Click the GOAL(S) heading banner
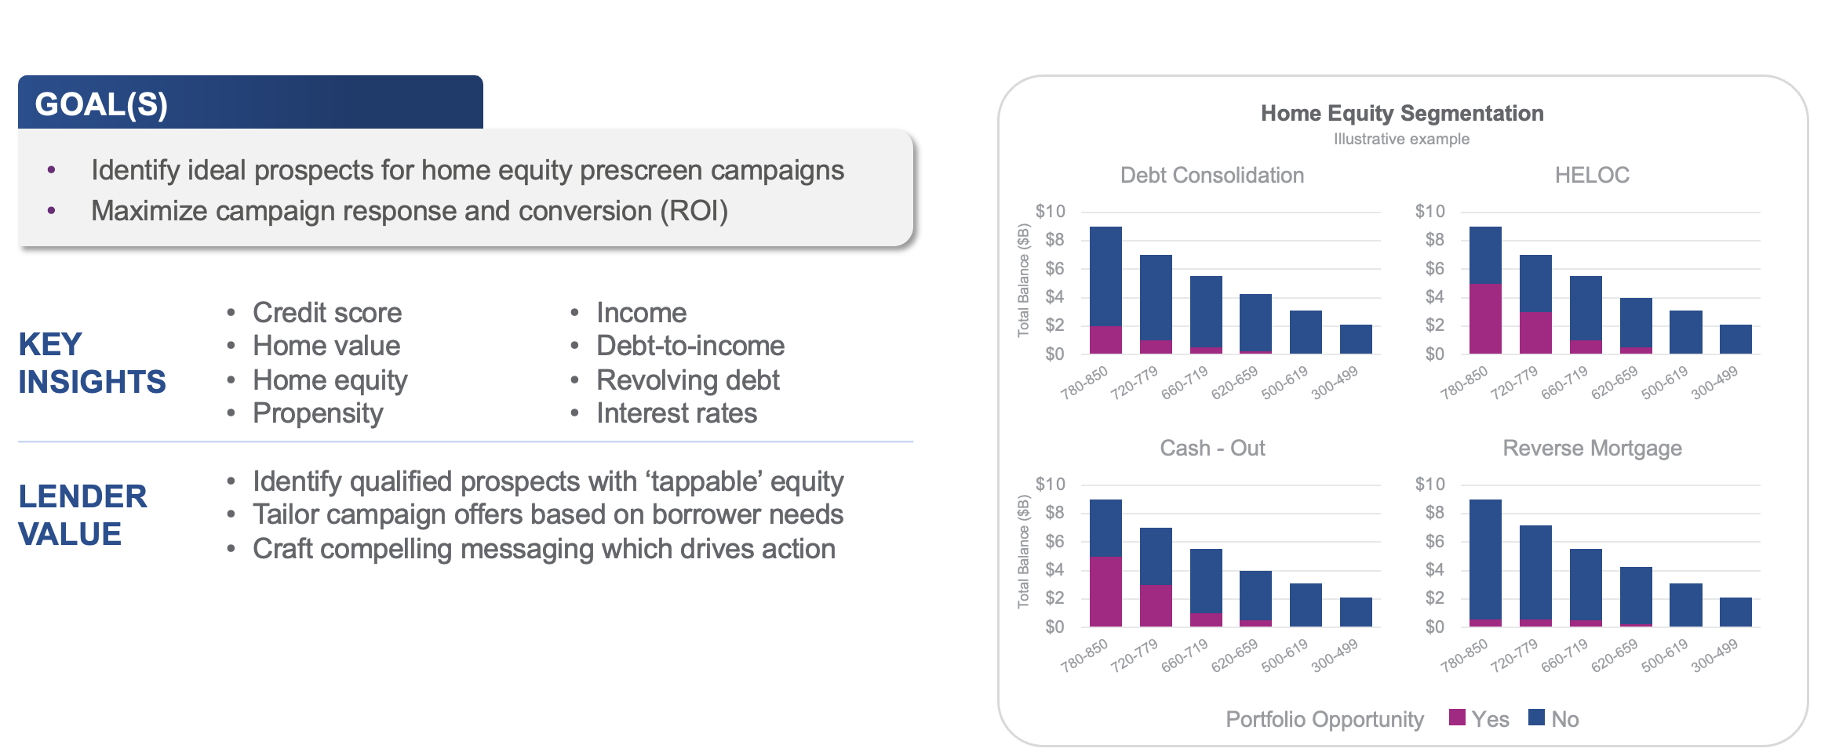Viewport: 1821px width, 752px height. point(249,104)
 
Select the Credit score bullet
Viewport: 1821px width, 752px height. point(326,313)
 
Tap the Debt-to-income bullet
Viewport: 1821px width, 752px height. point(690,346)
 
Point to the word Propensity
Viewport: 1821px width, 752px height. point(318,413)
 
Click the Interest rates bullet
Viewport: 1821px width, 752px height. point(676,413)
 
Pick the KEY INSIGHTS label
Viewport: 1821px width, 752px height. point(92,363)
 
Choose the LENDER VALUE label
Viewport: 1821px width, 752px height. point(82,515)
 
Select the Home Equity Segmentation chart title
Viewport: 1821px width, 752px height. point(1401,114)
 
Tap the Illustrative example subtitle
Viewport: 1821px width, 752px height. point(1401,140)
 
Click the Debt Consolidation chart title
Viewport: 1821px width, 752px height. point(1211,176)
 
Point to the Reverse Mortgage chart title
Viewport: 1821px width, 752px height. point(1591,449)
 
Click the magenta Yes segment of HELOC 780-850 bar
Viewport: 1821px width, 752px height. point(1484,318)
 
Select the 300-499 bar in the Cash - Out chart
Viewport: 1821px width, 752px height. point(1355,612)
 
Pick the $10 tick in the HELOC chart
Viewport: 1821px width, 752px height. point(1429,212)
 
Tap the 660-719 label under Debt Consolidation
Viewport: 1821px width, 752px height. point(1184,383)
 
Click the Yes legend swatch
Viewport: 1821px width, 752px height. point(1457,717)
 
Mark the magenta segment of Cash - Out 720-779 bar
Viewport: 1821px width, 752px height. point(1155,605)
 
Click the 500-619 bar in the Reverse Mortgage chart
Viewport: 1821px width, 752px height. point(1685,605)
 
